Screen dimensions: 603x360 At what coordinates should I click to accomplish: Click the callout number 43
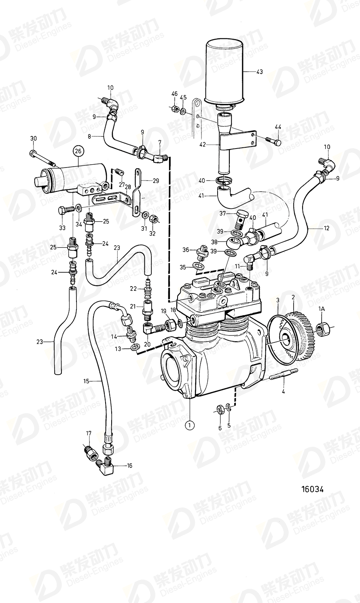point(259,72)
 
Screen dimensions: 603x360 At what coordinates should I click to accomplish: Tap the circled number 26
point(77,151)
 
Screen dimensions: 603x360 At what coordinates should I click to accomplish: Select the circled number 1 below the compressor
point(189,425)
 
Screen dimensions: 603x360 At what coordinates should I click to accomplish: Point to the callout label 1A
point(322,309)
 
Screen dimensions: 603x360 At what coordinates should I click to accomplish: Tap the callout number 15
point(86,380)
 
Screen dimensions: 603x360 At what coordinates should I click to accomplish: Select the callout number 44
point(278,127)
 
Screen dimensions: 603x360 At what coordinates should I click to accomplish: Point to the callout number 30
point(33,138)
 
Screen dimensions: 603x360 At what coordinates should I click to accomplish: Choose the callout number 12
point(326,228)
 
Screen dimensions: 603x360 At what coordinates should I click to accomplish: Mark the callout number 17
point(89,433)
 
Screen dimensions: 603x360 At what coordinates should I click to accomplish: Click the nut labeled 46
point(174,110)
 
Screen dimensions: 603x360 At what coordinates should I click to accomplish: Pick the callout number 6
point(220,428)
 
